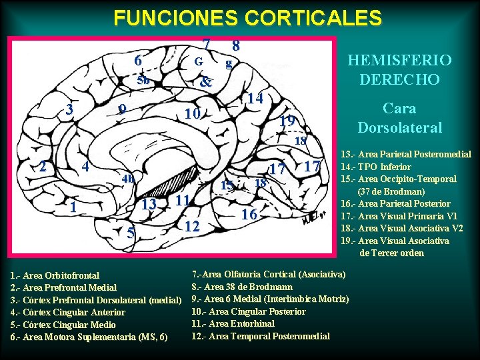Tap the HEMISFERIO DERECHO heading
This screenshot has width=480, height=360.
(399, 69)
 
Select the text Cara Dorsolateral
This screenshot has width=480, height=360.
(399, 117)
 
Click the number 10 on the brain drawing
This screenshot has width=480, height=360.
(193, 114)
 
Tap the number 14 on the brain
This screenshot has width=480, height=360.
(253, 98)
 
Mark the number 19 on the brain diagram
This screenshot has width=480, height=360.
(287, 121)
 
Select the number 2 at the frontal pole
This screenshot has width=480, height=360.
(43, 166)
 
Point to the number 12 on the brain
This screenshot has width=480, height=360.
(192, 227)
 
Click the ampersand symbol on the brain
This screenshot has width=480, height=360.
(206, 83)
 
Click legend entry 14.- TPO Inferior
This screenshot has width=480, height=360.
(375, 167)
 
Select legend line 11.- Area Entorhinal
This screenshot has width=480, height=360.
(233, 323)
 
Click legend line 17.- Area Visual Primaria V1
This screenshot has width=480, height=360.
(399, 215)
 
